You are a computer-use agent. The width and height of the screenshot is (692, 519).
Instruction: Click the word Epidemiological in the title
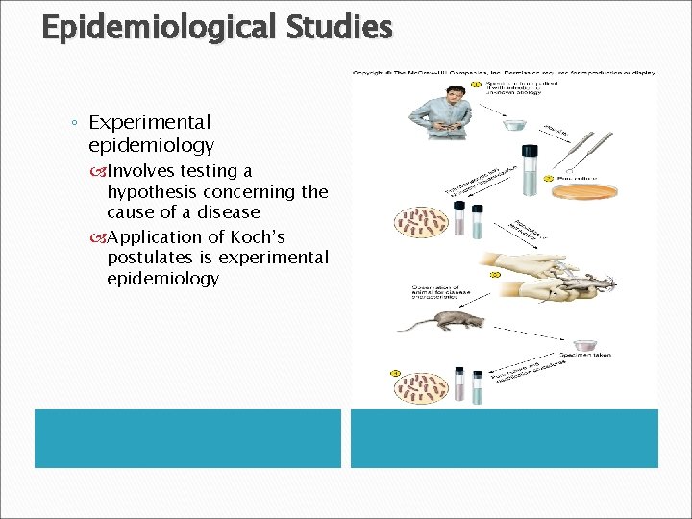159,28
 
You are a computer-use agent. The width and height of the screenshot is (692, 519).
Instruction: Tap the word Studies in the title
338,26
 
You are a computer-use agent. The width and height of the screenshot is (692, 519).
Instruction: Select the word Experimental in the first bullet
149,122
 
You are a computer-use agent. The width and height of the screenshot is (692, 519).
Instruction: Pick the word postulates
160,258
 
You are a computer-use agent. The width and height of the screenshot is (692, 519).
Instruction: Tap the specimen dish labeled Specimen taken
587,344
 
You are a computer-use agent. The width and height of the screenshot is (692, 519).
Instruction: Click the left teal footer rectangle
187,438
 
